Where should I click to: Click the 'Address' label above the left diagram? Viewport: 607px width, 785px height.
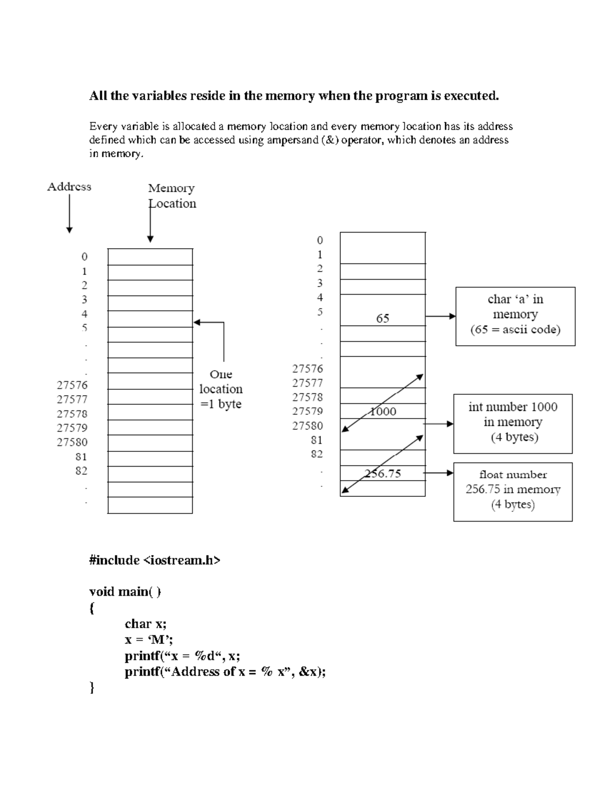click(x=69, y=187)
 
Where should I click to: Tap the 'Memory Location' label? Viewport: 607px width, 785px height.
click(x=172, y=196)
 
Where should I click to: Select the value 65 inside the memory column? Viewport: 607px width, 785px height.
click(x=382, y=318)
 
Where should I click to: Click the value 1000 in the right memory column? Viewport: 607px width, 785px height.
click(x=383, y=411)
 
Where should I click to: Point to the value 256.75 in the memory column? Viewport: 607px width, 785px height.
click(x=383, y=474)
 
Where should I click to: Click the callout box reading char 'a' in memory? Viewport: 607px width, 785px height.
click(x=515, y=316)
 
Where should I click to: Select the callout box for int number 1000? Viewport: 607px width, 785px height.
click(x=512, y=424)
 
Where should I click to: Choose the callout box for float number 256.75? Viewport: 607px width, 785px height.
click(x=512, y=491)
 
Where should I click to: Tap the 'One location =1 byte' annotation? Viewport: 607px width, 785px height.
click(x=221, y=389)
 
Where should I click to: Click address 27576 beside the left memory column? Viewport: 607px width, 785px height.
click(x=72, y=385)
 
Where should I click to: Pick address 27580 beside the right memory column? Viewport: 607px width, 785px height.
click(x=307, y=426)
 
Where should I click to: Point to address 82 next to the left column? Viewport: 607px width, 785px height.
click(x=81, y=471)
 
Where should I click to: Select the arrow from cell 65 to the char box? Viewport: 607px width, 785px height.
click(x=440, y=316)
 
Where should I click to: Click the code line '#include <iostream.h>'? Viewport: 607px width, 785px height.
click(x=155, y=560)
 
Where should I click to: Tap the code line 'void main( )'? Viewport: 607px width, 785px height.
click(x=125, y=591)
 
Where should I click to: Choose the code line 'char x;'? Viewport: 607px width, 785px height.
click(x=146, y=624)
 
